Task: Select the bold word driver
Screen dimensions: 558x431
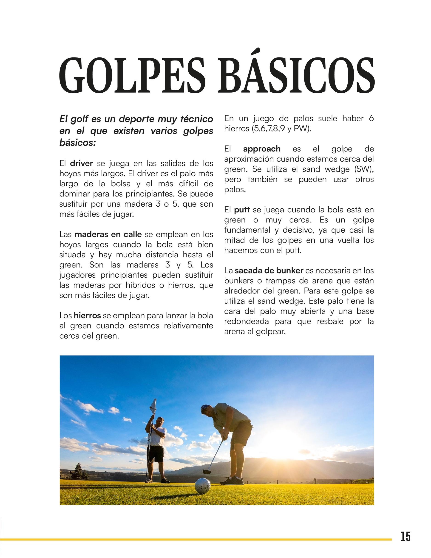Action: tap(82, 163)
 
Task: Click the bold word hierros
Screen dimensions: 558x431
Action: tap(87, 316)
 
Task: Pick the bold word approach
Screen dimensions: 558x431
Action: tap(262, 149)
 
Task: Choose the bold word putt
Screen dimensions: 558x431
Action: tap(242, 210)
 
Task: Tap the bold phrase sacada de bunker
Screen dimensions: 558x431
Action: tap(269, 270)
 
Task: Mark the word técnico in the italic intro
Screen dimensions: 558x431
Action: tap(197, 119)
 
